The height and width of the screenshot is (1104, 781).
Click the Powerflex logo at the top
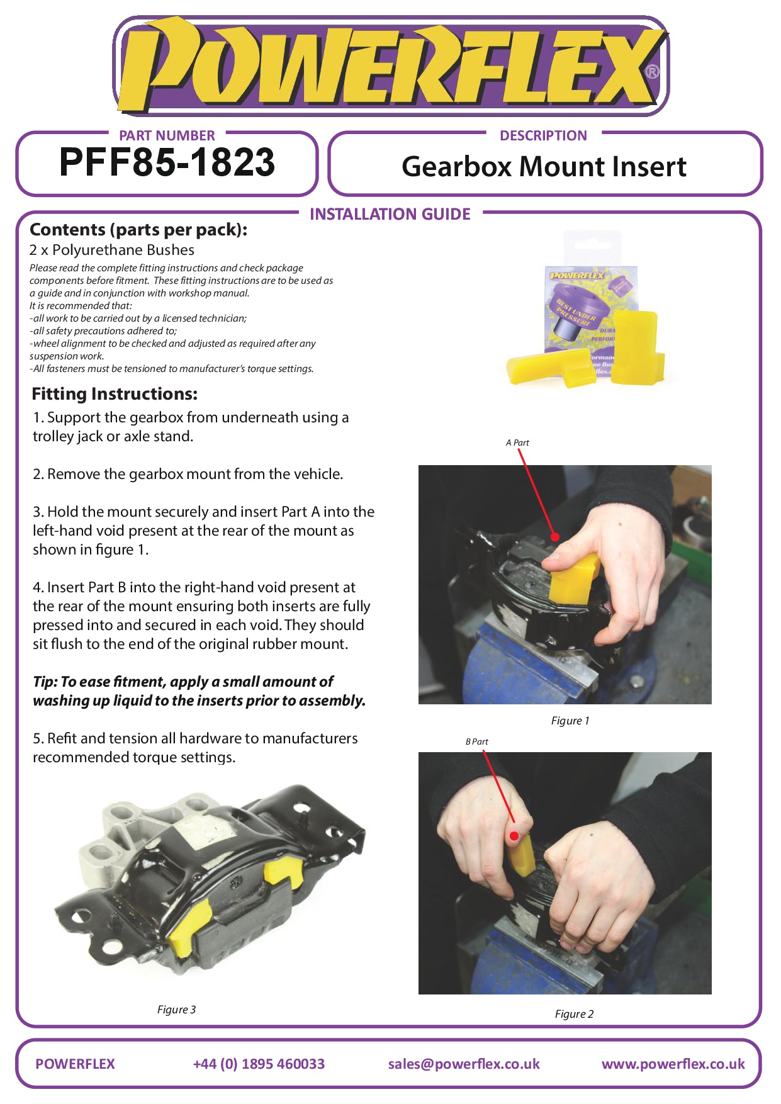pyautogui.click(x=390, y=66)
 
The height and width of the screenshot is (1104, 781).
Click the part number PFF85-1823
pyautogui.click(x=167, y=162)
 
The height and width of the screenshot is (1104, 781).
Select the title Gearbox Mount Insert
pyautogui.click(x=544, y=167)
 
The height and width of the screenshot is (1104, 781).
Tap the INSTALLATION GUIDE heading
pyautogui.click(x=390, y=214)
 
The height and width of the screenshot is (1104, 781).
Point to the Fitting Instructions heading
pyautogui.click(x=115, y=394)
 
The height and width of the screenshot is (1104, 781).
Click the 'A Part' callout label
pyautogui.click(x=517, y=442)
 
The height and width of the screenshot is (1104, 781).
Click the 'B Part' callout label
pyautogui.click(x=476, y=741)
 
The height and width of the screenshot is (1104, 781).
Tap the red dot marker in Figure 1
pyautogui.click(x=555, y=537)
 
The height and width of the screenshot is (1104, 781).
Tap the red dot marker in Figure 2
pyautogui.click(x=514, y=836)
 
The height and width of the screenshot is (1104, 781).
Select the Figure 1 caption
pyautogui.click(x=570, y=721)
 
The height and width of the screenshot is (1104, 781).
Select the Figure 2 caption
pyautogui.click(x=574, y=1013)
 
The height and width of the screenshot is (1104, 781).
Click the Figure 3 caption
pyautogui.click(x=176, y=1009)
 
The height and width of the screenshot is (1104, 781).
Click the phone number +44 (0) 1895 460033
pyautogui.click(x=259, y=1064)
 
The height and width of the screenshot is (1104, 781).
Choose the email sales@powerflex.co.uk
pyautogui.click(x=464, y=1064)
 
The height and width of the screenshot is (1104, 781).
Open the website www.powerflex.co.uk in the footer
pyautogui.click(x=673, y=1064)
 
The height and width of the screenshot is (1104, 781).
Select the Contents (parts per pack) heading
pyautogui.click(x=138, y=230)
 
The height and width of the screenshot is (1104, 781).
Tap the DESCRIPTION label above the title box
pyautogui.click(x=543, y=135)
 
